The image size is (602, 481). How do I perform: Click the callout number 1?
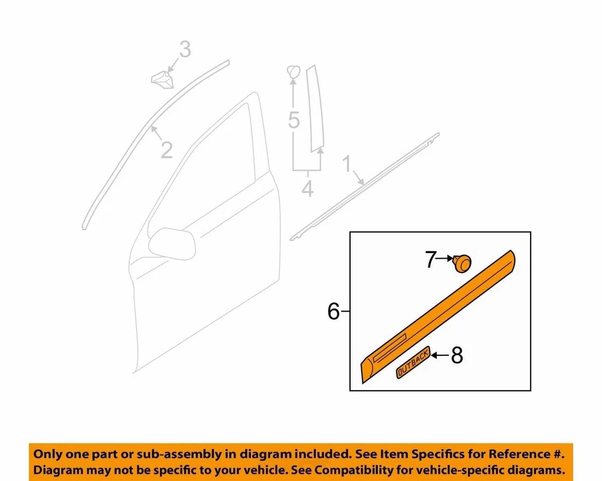(x=346, y=166)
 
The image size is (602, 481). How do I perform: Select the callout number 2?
(x=166, y=150)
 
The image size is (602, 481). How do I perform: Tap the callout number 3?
(x=184, y=49)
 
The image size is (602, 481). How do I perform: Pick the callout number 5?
(x=294, y=119)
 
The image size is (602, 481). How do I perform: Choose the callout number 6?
(x=334, y=311)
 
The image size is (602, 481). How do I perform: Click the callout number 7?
(x=431, y=259)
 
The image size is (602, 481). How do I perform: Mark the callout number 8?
(x=457, y=355)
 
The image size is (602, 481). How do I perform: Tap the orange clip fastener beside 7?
(x=463, y=262)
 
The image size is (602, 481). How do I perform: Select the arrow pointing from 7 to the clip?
(x=446, y=259)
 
